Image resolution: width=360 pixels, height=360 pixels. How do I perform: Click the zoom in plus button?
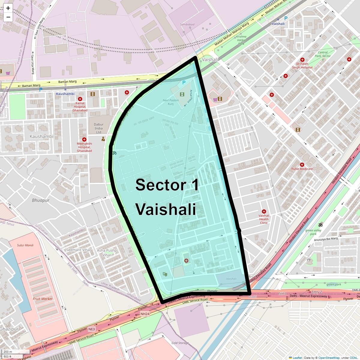(x=8, y=8)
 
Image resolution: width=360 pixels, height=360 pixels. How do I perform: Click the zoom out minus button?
(x=8, y=17)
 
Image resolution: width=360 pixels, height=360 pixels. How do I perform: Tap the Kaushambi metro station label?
(x=65, y=94)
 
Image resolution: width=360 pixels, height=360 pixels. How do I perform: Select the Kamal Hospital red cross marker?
(x=80, y=99)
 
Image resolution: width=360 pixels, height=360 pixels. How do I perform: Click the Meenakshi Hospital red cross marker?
(x=84, y=139)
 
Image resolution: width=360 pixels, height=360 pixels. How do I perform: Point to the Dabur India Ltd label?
(x=99, y=128)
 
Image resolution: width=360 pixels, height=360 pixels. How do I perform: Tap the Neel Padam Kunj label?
(x=170, y=102)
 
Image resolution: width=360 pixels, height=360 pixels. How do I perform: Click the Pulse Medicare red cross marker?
(x=302, y=165)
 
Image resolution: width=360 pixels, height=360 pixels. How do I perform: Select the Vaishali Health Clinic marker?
(x=264, y=211)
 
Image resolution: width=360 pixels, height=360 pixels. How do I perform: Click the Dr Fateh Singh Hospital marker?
(x=302, y=60)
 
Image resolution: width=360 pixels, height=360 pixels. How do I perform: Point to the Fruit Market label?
(x=43, y=299)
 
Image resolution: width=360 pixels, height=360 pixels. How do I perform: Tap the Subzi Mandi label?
(x=25, y=245)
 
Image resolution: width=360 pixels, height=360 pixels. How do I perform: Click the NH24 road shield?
(x=145, y=314)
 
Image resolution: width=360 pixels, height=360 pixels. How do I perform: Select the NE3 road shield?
(x=91, y=329)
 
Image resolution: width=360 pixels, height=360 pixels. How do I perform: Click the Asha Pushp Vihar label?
(x=107, y=253)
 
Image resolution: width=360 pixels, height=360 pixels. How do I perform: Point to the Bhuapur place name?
(x=41, y=200)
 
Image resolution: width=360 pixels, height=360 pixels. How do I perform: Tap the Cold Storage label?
(x=180, y=343)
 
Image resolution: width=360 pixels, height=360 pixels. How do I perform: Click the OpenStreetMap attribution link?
(x=329, y=358)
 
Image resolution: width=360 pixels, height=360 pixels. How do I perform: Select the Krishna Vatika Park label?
(x=241, y=40)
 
